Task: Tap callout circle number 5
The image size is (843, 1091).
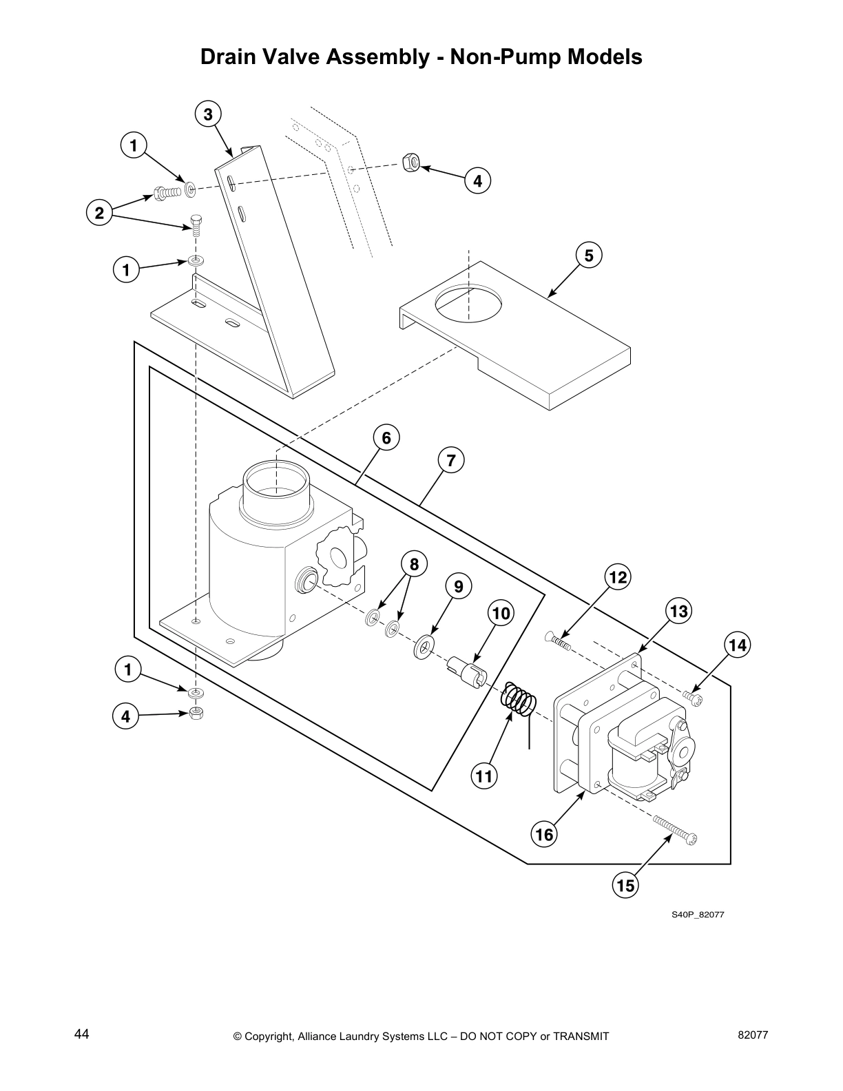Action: [588, 256]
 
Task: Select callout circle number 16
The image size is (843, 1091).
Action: [544, 835]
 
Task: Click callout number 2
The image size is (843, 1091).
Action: [100, 214]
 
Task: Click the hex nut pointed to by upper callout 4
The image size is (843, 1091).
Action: [410, 163]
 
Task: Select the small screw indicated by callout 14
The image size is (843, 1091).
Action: [694, 699]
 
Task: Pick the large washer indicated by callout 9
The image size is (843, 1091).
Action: [423, 647]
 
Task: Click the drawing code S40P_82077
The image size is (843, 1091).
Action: [698, 915]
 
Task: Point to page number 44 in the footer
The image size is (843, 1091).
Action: [81, 1035]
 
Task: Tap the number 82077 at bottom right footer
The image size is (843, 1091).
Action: [752, 1035]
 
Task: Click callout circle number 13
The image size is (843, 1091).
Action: [678, 611]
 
